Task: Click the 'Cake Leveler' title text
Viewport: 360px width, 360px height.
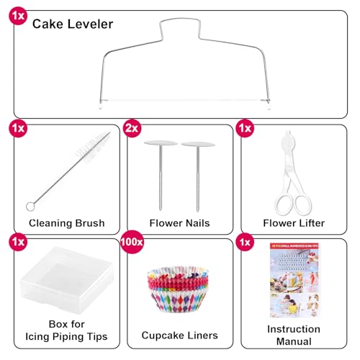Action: (x=73, y=24)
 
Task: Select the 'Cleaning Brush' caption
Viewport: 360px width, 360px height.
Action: (x=66, y=223)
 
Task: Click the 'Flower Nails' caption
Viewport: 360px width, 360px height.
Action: (x=179, y=223)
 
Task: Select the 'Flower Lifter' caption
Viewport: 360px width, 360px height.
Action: (x=294, y=223)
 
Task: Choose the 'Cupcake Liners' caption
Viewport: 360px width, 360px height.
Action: (x=180, y=335)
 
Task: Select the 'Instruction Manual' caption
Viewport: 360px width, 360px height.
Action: (x=294, y=335)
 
